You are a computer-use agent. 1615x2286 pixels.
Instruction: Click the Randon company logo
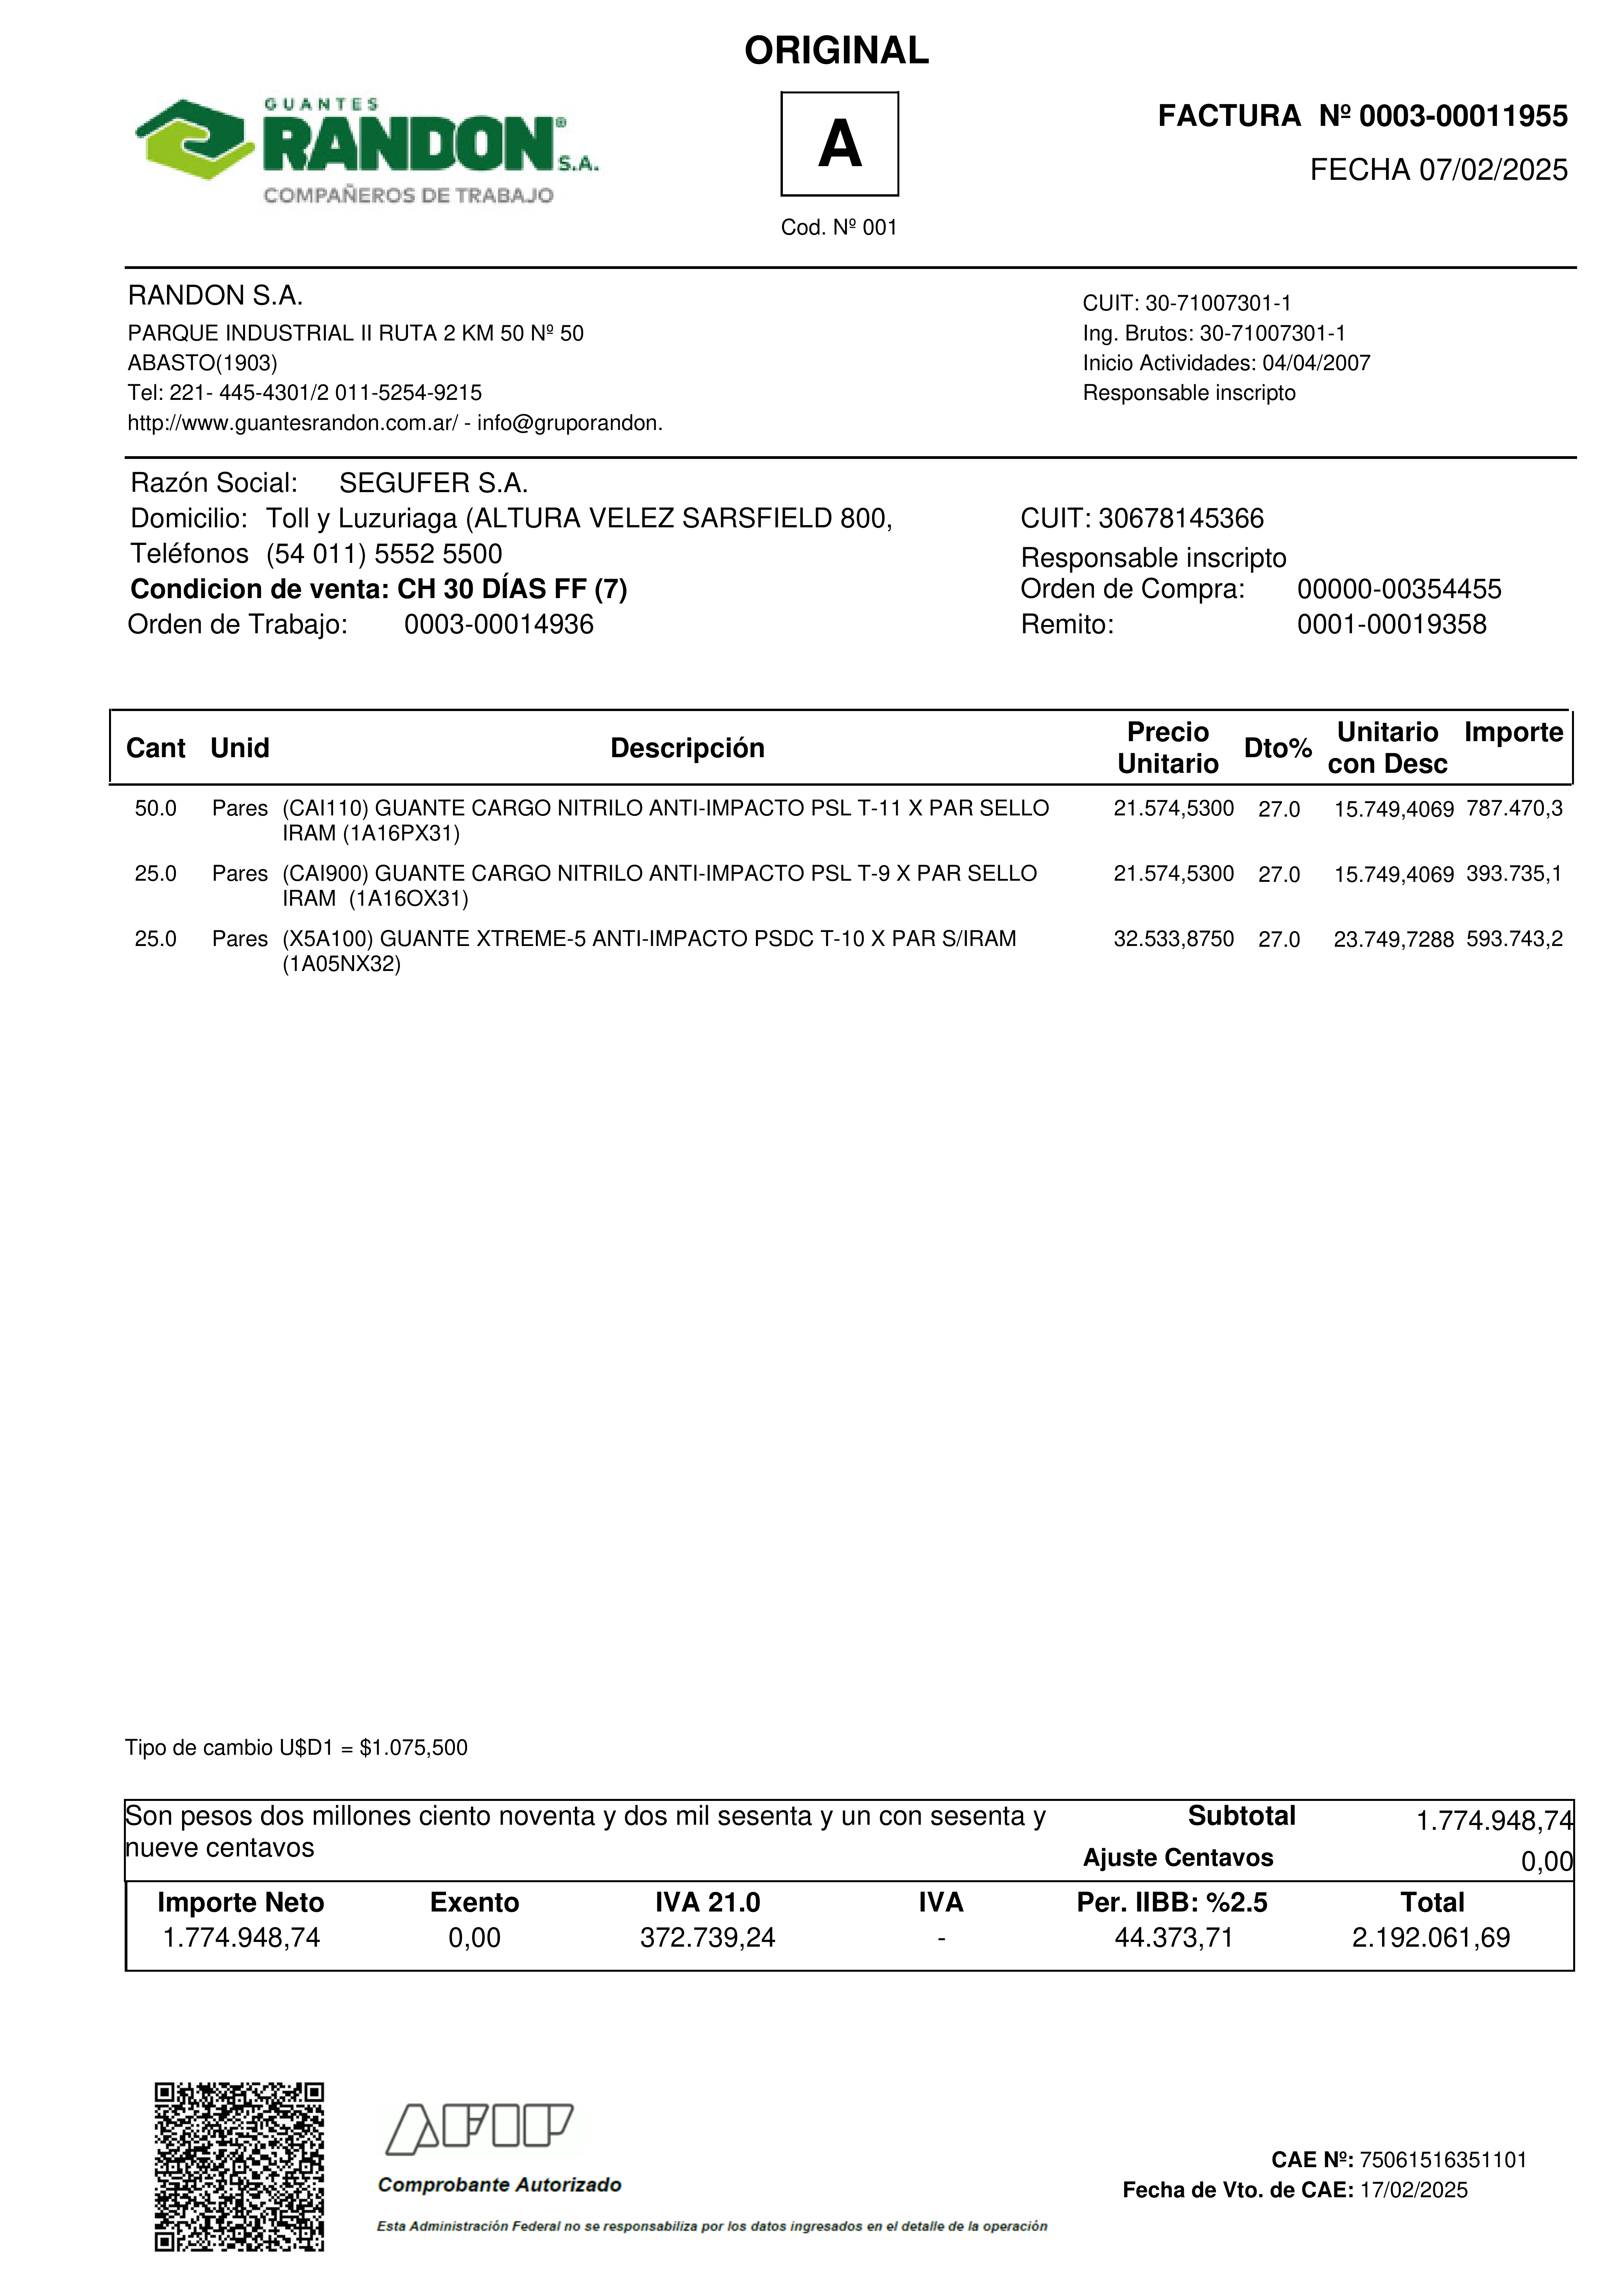(366, 149)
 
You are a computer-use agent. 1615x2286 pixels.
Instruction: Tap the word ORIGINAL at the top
(836, 51)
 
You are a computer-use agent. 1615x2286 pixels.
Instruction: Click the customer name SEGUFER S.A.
(433, 484)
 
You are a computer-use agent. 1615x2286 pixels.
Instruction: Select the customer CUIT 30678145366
(1181, 519)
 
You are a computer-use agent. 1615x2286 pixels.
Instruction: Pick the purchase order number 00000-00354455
(1399, 589)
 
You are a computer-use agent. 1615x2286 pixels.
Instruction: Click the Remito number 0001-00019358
(1391, 625)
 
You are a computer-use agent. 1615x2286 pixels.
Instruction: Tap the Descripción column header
(687, 749)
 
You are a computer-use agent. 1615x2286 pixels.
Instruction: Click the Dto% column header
(1277, 749)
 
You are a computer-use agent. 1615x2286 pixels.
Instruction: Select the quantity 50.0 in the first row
(155, 808)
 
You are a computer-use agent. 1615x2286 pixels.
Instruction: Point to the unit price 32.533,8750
(1173, 939)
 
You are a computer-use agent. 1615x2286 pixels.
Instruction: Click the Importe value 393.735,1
(1513, 874)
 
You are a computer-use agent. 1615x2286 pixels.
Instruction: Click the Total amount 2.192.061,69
(1431, 1938)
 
